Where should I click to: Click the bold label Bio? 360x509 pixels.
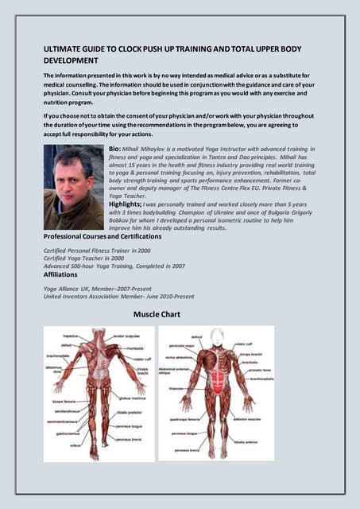click(116, 150)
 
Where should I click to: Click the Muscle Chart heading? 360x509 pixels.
click(157, 315)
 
